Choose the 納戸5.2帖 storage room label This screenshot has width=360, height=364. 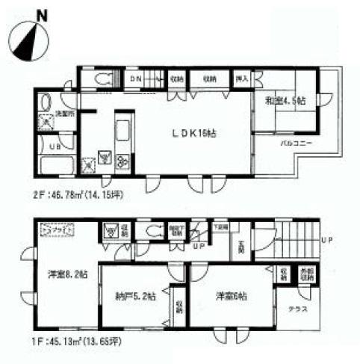point(136,296)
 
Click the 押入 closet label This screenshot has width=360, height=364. point(241,77)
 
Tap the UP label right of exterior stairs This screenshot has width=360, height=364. point(326,241)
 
